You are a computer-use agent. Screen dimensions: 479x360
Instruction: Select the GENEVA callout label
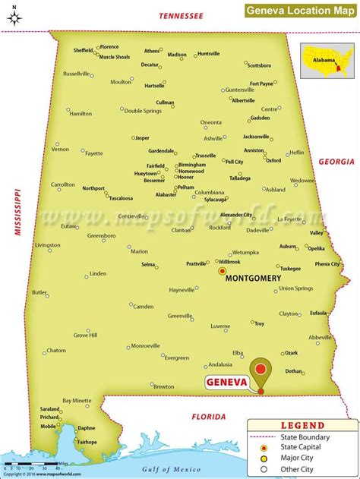[227, 383]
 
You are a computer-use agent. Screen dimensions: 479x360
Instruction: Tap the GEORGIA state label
[336, 162]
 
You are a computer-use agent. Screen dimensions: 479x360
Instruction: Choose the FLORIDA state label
[208, 416]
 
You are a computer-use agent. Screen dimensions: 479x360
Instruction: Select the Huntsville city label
[207, 54]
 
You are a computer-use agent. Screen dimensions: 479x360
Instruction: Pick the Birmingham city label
[191, 165]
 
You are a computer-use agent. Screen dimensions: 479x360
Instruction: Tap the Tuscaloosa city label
[121, 198]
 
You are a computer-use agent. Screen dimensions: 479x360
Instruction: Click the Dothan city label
[293, 371]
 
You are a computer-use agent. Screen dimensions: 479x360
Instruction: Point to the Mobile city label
[48, 426]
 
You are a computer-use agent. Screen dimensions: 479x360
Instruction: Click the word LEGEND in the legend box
[303, 426]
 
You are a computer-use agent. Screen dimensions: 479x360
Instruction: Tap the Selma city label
[147, 264]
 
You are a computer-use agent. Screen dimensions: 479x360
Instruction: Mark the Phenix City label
[327, 264]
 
